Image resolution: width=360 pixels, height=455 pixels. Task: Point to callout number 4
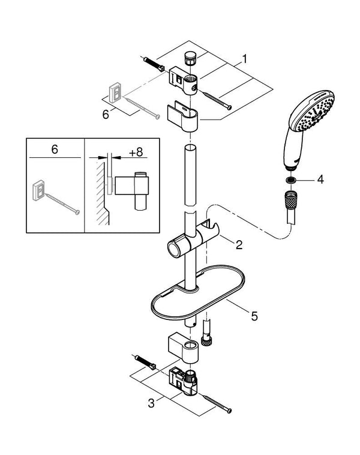coord(320,179)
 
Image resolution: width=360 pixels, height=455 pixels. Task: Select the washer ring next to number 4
coord(290,180)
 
